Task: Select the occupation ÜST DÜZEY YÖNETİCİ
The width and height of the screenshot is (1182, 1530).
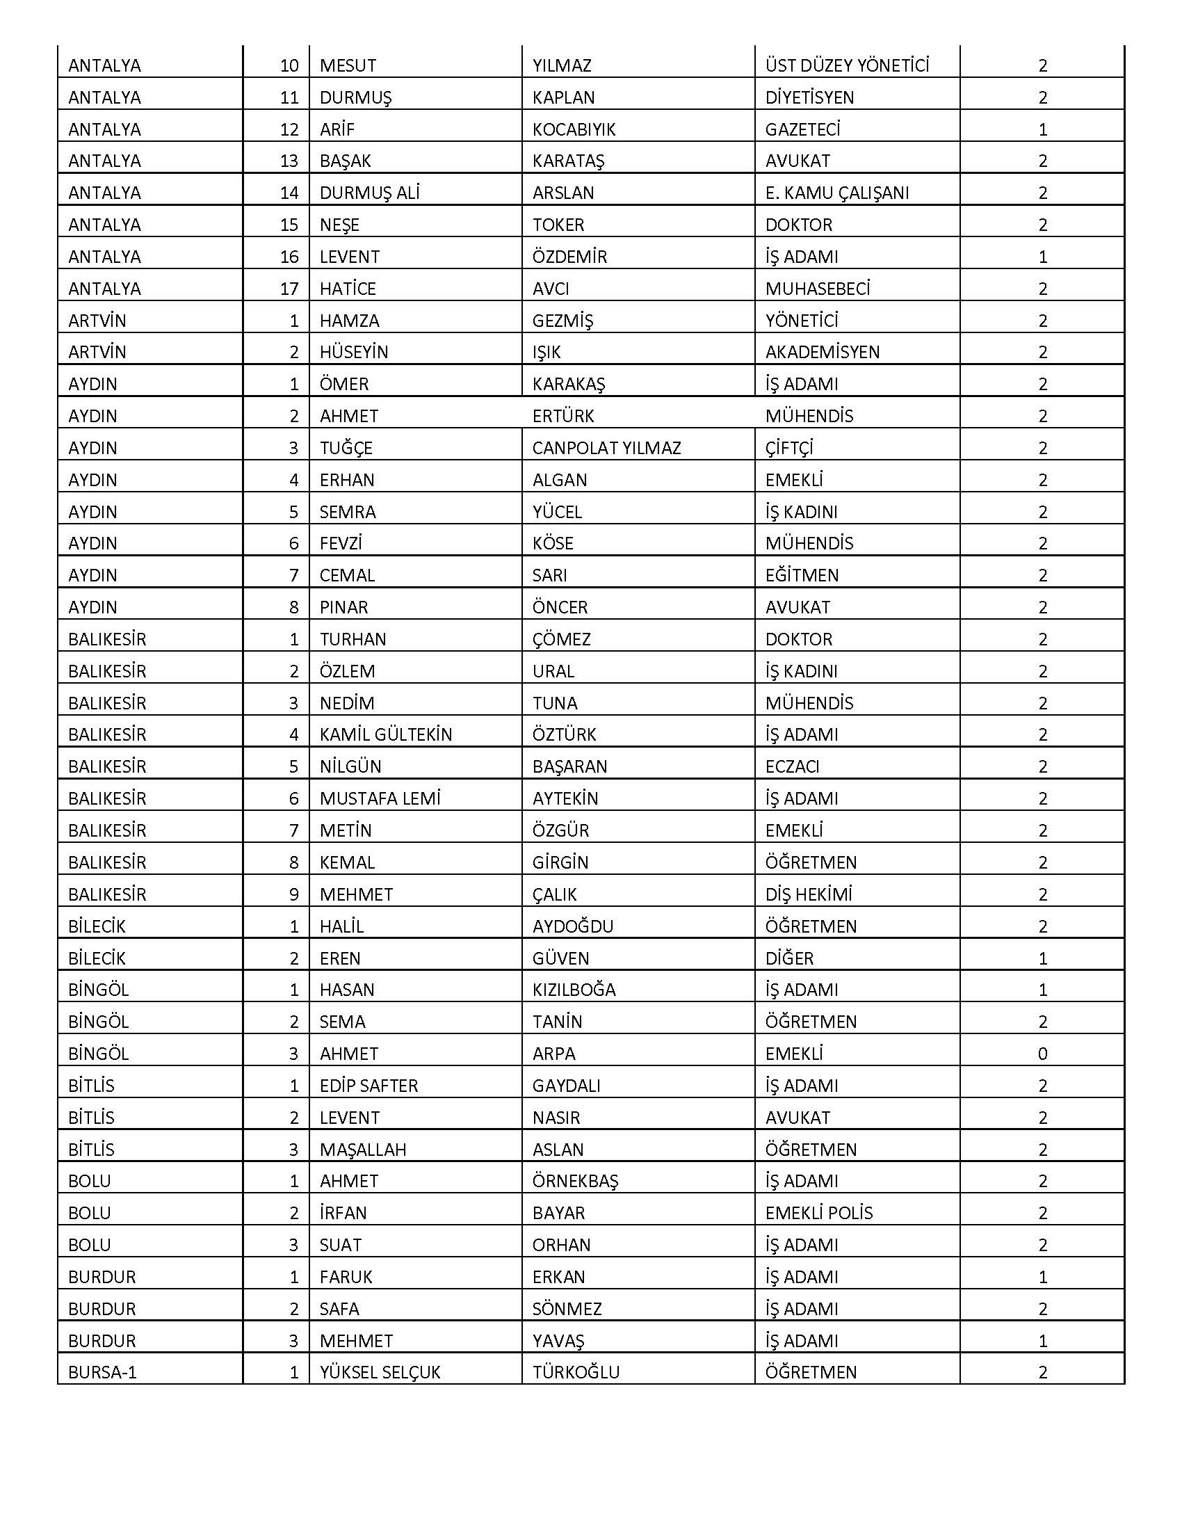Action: point(847,66)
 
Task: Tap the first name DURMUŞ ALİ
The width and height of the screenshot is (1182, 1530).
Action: point(369,193)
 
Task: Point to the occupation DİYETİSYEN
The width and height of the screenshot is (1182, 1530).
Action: point(809,97)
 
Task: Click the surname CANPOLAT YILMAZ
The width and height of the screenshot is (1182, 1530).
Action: point(606,448)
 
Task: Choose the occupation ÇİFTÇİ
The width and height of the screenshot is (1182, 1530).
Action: point(789,448)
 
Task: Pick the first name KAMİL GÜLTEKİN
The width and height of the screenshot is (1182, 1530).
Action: point(385,734)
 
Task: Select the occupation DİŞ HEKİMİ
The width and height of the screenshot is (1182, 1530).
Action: point(808,894)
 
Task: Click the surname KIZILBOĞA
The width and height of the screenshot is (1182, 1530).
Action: point(574,990)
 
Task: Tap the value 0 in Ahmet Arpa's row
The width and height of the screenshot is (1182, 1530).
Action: point(1042,1054)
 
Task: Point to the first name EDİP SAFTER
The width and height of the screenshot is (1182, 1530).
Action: point(369,1085)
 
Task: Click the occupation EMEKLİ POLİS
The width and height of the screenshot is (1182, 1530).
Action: point(818,1213)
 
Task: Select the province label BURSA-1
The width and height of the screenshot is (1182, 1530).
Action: point(102,1371)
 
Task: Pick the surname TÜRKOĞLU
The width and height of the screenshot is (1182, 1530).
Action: point(576,1371)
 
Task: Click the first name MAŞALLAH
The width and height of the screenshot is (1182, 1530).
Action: point(363,1149)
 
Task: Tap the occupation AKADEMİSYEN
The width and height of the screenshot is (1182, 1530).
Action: point(822,352)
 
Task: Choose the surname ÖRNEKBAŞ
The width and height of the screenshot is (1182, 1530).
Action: point(575,1180)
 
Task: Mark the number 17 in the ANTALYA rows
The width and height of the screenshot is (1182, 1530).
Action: point(289,289)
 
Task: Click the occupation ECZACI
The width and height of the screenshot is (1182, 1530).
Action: point(792,766)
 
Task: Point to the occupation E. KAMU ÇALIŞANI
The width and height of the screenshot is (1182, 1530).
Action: point(836,193)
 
